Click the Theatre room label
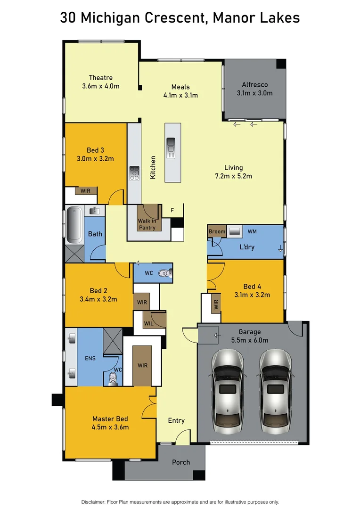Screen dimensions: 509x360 click(101, 78)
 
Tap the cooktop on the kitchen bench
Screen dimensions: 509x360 click(134, 173)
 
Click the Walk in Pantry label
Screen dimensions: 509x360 click(147, 224)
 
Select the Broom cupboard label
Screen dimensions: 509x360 click(217, 231)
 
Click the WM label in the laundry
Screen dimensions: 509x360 click(252, 231)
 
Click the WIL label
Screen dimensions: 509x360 click(148, 323)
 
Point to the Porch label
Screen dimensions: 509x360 click(181, 462)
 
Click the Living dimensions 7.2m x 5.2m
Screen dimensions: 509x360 click(233, 176)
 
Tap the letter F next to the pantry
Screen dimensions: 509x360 click(172, 210)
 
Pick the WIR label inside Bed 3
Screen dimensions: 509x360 click(86, 191)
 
